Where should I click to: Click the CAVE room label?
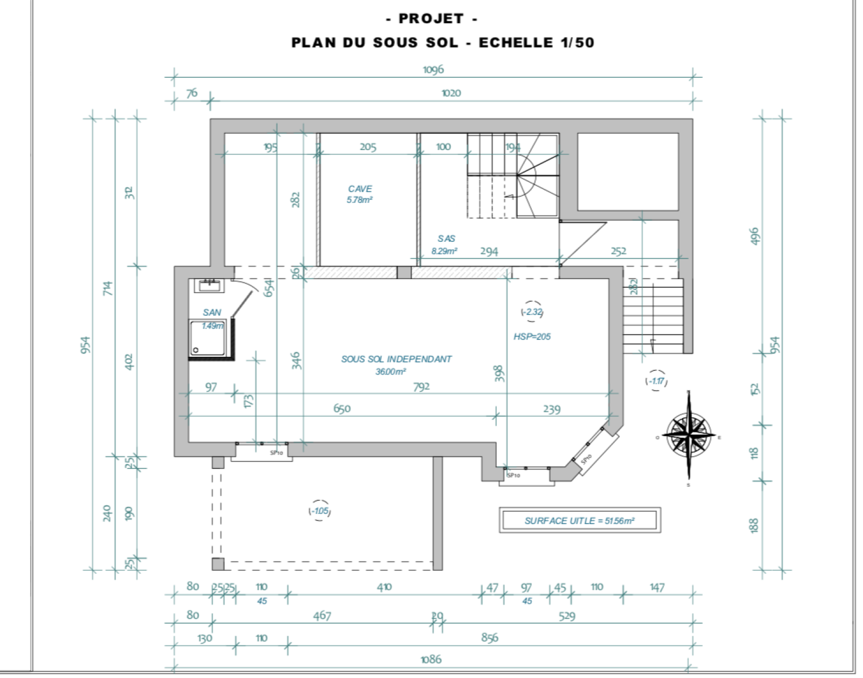pos(360,189)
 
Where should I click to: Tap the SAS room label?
pos(447,239)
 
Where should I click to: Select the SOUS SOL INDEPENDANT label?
pos(396,359)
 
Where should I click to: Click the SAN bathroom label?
pos(212,313)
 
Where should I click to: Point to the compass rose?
pos(689,435)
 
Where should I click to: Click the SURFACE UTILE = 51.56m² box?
pos(580,521)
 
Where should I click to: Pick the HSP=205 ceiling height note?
pos(532,337)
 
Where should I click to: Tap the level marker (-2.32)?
pos(532,312)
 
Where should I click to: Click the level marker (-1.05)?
pos(319,511)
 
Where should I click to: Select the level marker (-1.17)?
pos(656,381)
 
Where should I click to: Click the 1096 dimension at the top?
pos(433,70)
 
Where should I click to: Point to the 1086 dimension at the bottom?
pos(431,659)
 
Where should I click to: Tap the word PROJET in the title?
pos(431,19)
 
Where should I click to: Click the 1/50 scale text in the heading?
pos(577,43)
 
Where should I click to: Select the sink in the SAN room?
pos(209,285)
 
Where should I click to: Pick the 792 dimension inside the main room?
pos(421,387)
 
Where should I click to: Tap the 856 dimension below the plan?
pos(489,638)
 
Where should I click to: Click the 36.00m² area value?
pos(391,372)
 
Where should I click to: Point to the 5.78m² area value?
pos(360,200)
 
